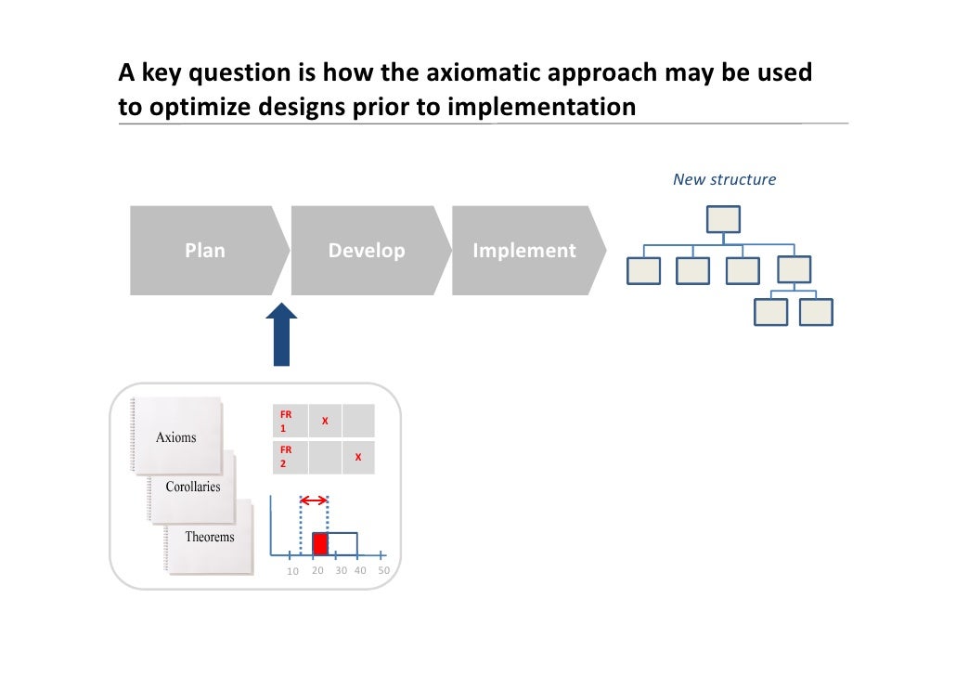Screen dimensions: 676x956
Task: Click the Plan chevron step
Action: coord(205,251)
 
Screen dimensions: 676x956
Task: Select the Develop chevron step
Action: coord(367,251)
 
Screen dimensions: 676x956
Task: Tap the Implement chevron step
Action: coord(524,251)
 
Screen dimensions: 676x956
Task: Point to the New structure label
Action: coord(724,179)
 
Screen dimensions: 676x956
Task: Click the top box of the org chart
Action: coord(723,219)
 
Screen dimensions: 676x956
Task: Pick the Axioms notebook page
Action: coord(176,436)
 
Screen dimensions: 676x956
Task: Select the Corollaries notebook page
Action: coord(193,486)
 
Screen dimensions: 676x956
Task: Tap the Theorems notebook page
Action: coord(210,537)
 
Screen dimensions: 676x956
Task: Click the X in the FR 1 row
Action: coord(324,422)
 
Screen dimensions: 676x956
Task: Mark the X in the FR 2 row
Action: coord(358,457)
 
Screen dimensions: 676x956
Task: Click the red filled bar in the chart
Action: coord(320,544)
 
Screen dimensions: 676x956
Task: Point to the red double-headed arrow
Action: coord(315,500)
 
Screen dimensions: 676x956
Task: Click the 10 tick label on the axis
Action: coord(292,571)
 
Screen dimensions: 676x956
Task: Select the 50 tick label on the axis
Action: coord(383,570)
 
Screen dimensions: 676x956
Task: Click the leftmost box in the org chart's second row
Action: coord(644,270)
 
